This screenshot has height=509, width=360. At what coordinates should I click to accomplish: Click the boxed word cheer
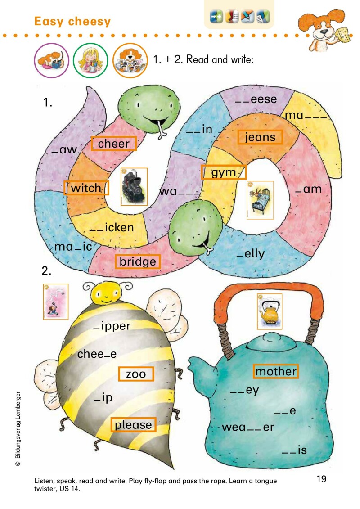(113, 144)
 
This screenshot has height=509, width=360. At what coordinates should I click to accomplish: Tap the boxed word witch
(86, 188)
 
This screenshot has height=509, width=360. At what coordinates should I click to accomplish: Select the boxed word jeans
(260, 137)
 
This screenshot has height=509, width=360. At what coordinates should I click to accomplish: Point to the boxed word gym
(224, 172)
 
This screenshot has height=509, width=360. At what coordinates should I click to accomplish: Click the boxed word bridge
(138, 261)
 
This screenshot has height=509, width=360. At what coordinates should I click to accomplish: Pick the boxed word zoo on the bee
(136, 374)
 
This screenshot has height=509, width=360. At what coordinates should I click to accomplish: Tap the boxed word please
(133, 424)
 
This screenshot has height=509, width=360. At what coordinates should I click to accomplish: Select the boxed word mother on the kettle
(276, 371)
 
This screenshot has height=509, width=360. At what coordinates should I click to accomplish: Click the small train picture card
(134, 186)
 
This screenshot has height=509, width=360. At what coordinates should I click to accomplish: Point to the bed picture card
(260, 200)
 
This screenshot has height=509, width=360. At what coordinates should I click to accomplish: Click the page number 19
(321, 478)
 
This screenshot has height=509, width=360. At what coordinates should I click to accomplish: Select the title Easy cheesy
(72, 22)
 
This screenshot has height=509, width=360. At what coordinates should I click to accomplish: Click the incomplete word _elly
(251, 254)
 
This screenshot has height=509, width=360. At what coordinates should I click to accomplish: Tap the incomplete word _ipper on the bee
(112, 326)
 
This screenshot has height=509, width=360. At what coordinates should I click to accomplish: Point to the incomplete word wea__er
(247, 427)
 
